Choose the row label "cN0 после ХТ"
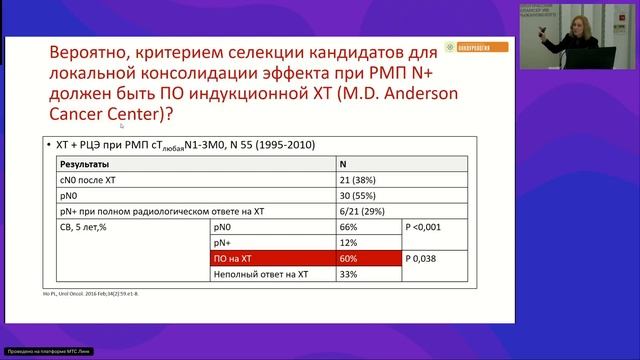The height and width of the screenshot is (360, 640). [x=89, y=178]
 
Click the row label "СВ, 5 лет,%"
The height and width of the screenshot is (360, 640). [x=84, y=226]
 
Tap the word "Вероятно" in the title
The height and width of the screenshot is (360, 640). [x=95, y=54]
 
